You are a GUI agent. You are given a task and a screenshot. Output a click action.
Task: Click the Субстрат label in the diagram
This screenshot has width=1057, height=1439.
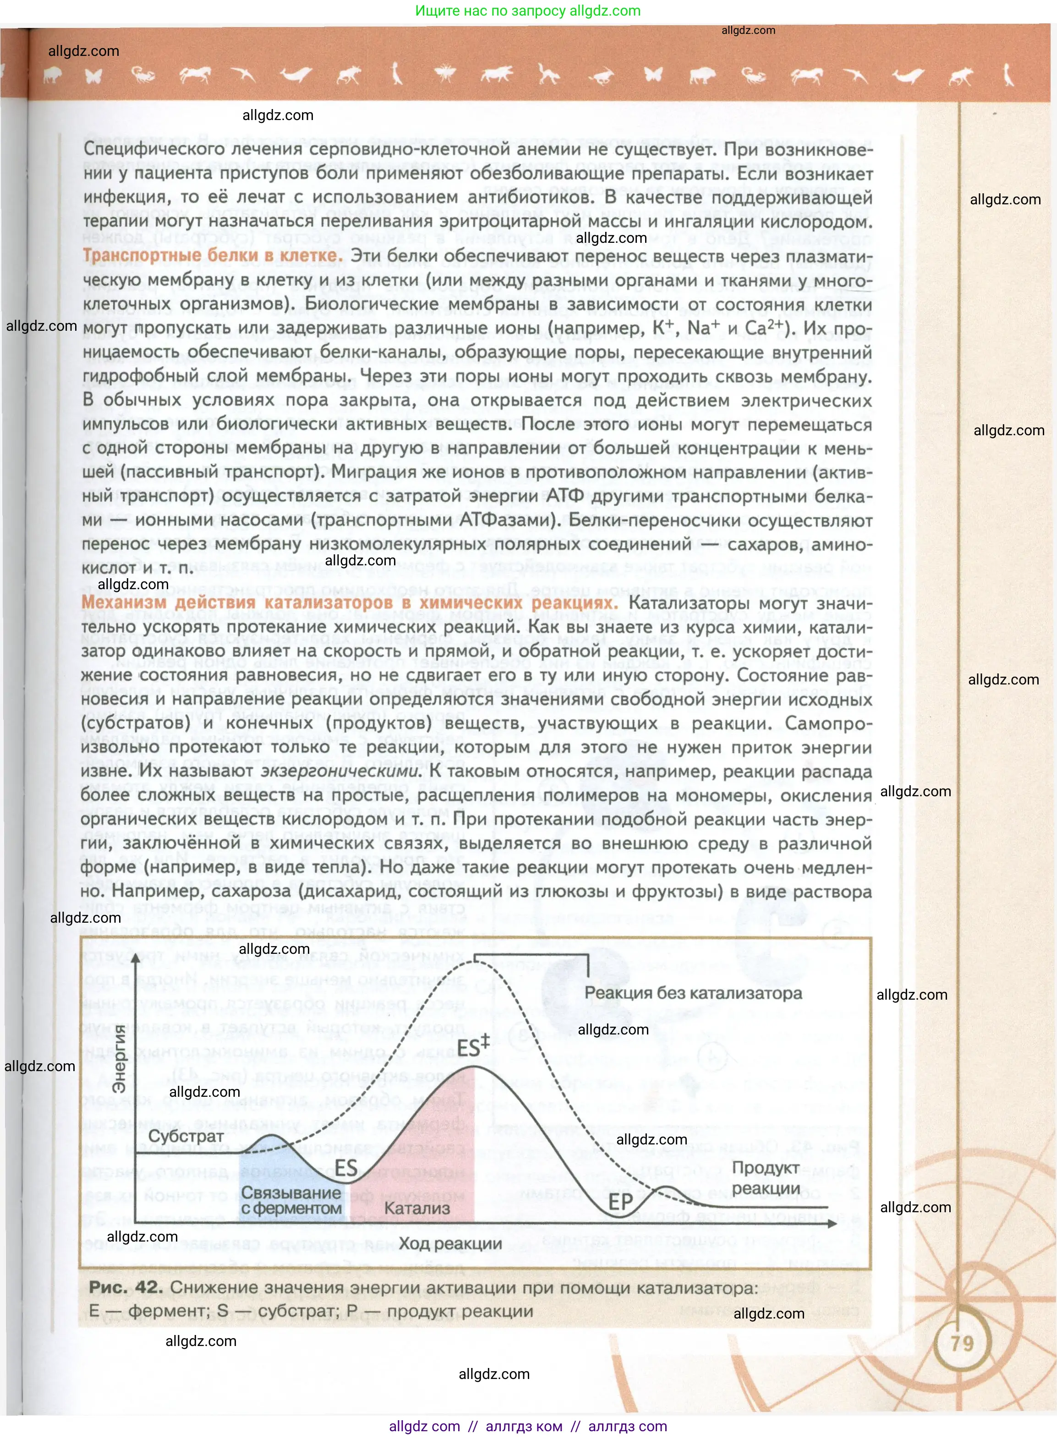click(x=186, y=1136)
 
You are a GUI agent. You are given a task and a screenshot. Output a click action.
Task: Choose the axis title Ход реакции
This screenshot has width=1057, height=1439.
click(x=450, y=1243)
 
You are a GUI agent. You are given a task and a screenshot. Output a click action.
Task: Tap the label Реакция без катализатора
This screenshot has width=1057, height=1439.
click(x=693, y=993)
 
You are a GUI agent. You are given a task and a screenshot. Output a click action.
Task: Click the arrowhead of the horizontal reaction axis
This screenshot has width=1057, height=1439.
click(x=832, y=1223)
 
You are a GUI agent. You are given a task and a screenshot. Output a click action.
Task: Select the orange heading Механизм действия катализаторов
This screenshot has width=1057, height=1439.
click(x=349, y=603)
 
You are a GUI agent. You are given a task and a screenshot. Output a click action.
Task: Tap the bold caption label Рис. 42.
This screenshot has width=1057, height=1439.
click(x=126, y=1287)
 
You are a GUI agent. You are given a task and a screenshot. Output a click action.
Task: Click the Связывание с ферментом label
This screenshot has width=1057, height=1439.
click(x=291, y=1200)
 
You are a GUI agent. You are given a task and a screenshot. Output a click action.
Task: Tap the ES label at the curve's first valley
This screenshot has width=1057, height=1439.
click(x=346, y=1168)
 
